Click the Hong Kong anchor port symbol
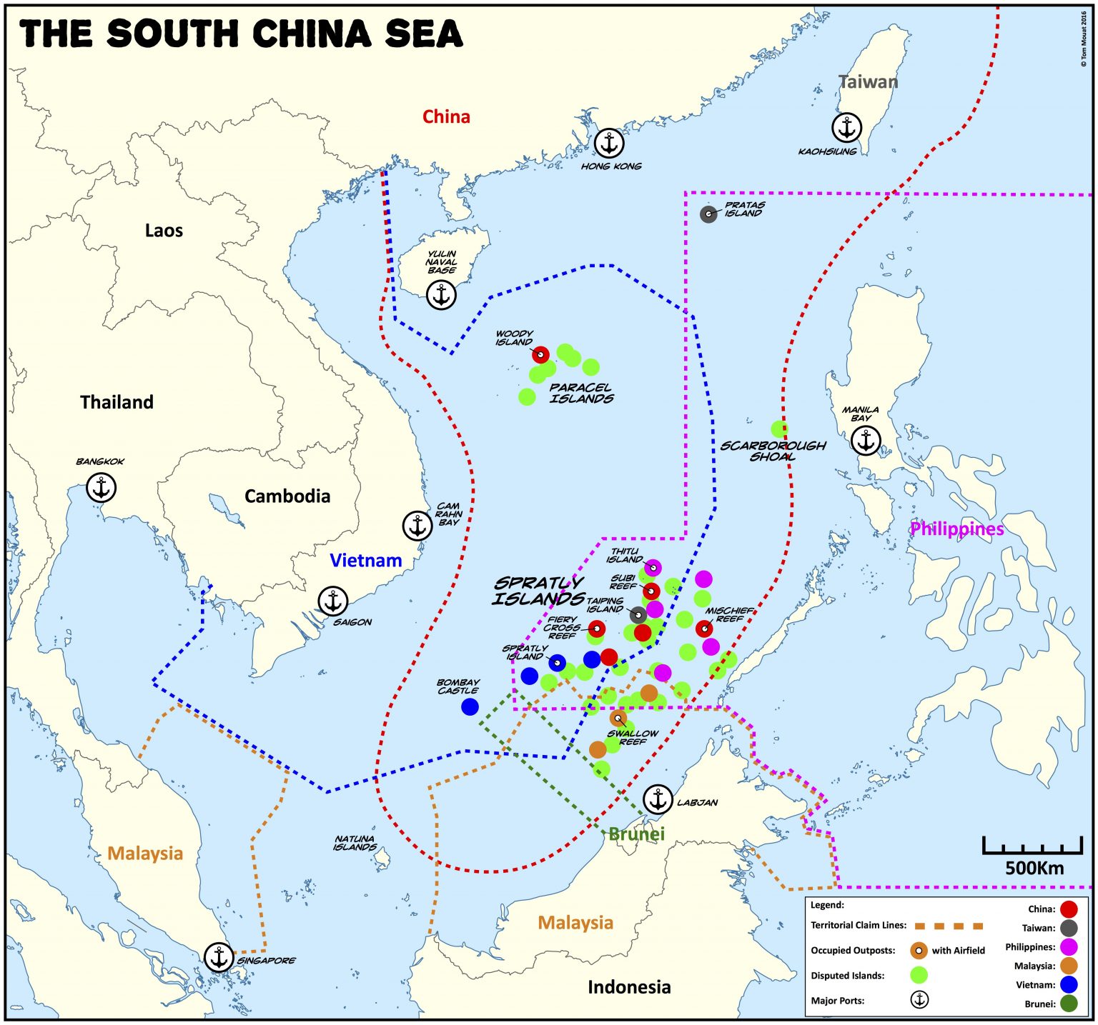[609, 144]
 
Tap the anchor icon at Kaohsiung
[846, 128]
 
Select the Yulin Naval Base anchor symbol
[441, 294]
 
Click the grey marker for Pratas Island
[708, 214]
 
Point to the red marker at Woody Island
[540, 354]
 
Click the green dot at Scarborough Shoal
[779, 429]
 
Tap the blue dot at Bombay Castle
[470, 706]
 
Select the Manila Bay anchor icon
[866, 441]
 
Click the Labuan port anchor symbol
[657, 799]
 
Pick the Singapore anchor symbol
[219, 957]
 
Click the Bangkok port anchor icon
[101, 488]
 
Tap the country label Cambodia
[287, 496]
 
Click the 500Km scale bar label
[1034, 869]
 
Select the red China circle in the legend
[1069, 909]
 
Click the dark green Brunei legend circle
[1069, 1004]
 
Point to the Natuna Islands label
[355, 843]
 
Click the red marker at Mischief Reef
[704, 629]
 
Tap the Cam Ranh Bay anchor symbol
[417, 526]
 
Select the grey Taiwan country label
[868, 81]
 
